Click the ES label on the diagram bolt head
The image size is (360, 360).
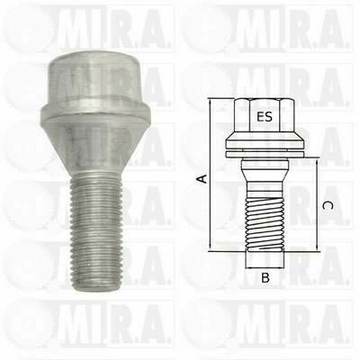point(265,116)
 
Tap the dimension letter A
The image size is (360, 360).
point(202,178)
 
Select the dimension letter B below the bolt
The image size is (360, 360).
point(265,278)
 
